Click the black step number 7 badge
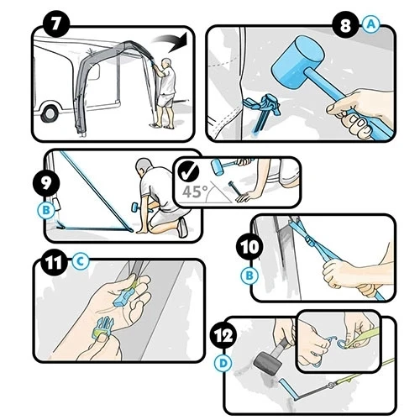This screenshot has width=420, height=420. (x=55, y=24)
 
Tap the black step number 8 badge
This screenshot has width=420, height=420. (x=346, y=26)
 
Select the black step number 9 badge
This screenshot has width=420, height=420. (x=46, y=183)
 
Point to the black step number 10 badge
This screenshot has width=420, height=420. (x=249, y=247)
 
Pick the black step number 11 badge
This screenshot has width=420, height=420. (x=55, y=263)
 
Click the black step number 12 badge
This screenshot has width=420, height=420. (x=223, y=335)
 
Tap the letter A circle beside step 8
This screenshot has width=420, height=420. (x=371, y=24)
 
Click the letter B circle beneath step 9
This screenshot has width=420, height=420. (x=46, y=210)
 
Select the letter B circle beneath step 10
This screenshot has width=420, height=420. (x=249, y=276)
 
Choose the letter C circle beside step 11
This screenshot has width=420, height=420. (x=80, y=262)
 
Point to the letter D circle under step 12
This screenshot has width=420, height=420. (x=223, y=364)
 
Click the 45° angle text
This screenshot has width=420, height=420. (x=195, y=192)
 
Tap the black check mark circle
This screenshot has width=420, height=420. (x=189, y=172)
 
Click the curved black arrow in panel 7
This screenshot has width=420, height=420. (x=171, y=42)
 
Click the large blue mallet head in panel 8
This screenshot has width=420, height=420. (x=297, y=61)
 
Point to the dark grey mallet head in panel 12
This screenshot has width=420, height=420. (x=267, y=363)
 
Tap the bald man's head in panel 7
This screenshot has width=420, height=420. (x=166, y=63)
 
